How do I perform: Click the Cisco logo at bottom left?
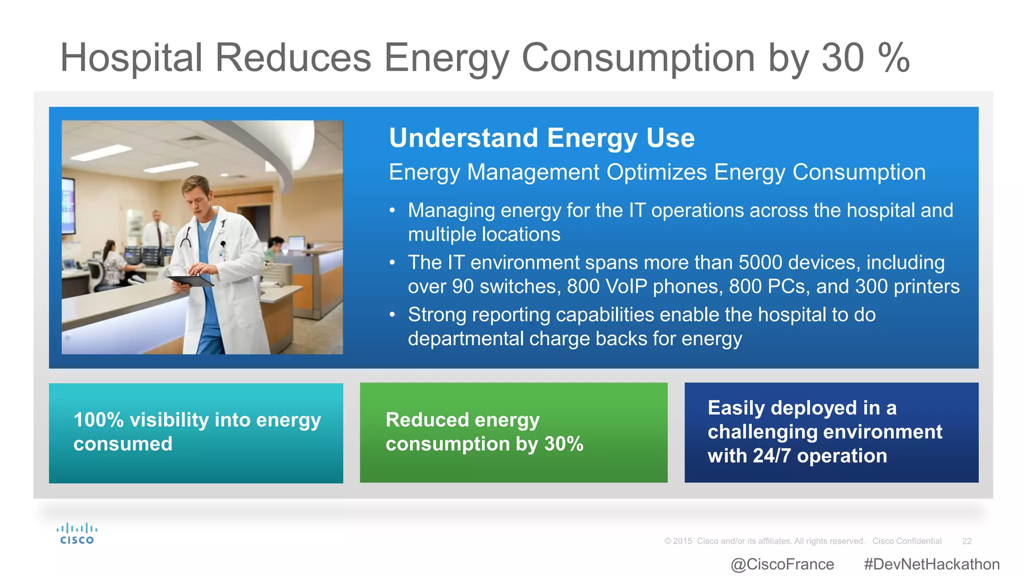[77, 534]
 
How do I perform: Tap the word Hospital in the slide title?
[131, 58]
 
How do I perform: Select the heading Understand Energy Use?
[542, 138]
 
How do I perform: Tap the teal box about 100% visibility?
[196, 433]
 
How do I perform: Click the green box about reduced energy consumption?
[514, 433]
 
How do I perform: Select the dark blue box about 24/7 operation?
[831, 433]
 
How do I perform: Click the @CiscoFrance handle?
[782, 564]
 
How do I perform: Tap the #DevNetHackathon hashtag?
[931, 564]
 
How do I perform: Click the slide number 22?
[966, 541]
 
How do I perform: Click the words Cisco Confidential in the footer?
[907, 541]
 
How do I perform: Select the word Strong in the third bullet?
[436, 315]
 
